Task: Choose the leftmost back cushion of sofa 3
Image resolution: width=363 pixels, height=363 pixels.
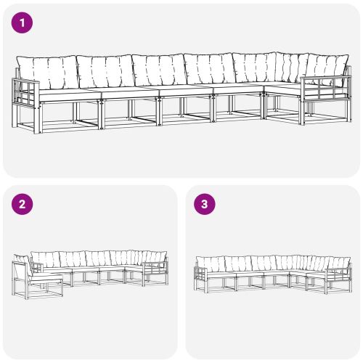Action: (213, 264)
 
